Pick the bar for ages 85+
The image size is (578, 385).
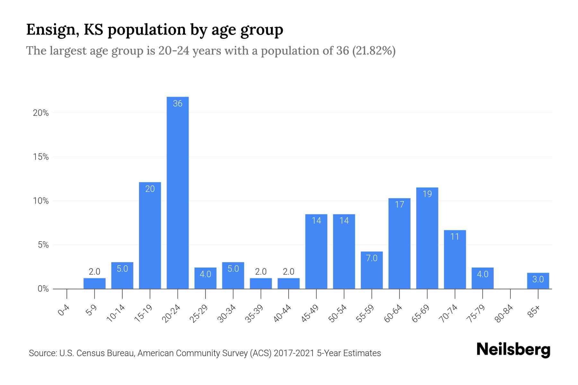pyautogui.click(x=538, y=281)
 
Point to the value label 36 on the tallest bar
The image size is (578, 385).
pyautogui.click(x=178, y=104)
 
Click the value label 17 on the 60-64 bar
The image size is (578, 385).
pyautogui.click(x=399, y=205)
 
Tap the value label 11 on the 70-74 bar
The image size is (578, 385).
pyautogui.click(x=455, y=237)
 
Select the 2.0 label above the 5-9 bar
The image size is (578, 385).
pyautogui.click(x=94, y=272)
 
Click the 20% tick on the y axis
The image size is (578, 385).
pyautogui.click(x=41, y=113)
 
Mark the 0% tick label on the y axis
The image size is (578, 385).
pyautogui.click(x=43, y=289)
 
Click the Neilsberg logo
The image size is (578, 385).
pyautogui.click(x=513, y=350)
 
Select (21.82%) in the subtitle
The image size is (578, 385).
pyautogui.click(x=374, y=51)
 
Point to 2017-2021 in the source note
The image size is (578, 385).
pyautogui.click(x=294, y=353)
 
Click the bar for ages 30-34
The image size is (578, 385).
pyautogui.click(x=233, y=276)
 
